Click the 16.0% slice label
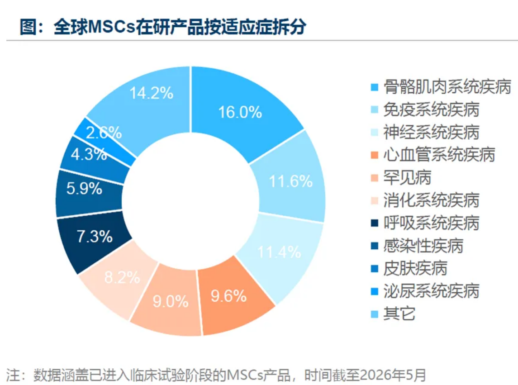click(x=240, y=112)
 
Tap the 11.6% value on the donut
click(x=291, y=181)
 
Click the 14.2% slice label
click(x=151, y=93)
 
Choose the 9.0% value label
click(x=171, y=301)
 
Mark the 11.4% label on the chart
click(x=279, y=252)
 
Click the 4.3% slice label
click(x=89, y=154)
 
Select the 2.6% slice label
click(x=104, y=133)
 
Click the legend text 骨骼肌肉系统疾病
click(x=447, y=87)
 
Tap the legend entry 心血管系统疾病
click(x=439, y=155)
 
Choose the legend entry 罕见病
click(x=407, y=177)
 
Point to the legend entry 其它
click(x=399, y=313)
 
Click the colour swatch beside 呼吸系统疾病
click(x=374, y=223)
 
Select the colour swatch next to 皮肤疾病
click(x=374, y=268)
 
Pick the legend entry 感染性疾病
click(x=423, y=246)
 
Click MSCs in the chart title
click(x=112, y=26)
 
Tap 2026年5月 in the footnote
click(x=393, y=375)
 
